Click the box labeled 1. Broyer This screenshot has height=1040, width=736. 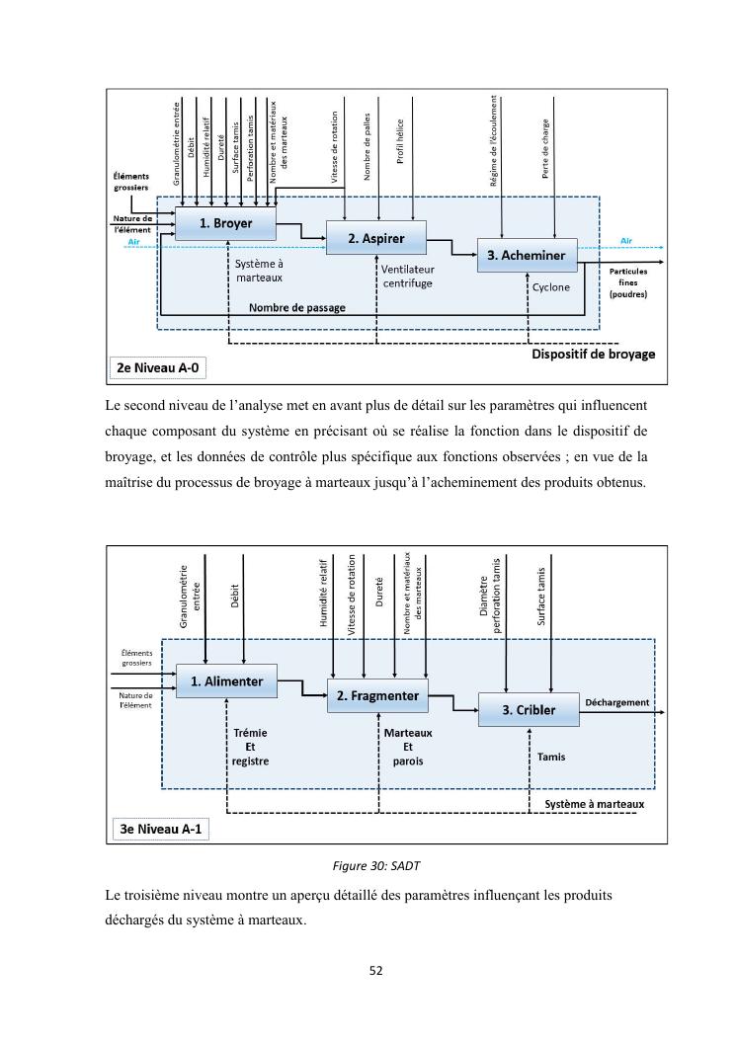pos(225,223)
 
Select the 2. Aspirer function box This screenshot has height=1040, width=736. pos(375,238)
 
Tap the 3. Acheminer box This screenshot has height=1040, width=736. pos(526,255)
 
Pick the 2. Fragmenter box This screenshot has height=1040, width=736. pos(377,695)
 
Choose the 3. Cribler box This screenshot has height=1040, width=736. pos(528,709)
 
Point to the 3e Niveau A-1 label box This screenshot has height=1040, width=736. pos(159,829)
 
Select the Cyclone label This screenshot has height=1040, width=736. pos(551,287)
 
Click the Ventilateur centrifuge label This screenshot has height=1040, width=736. pos(407,276)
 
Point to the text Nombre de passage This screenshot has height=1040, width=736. pos(296,307)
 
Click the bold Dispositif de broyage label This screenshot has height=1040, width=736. pos(593,354)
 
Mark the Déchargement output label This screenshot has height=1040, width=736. pos(616,702)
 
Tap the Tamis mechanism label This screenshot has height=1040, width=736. pos(551,757)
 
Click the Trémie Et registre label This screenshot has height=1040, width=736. pos(250,748)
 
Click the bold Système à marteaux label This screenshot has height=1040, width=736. pos(595,804)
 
